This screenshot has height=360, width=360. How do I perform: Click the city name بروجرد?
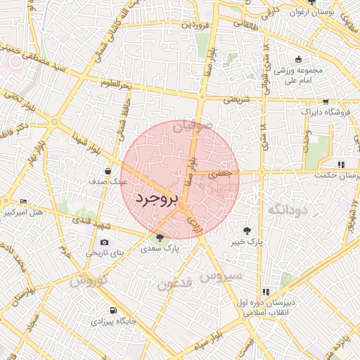(x=160, y=198)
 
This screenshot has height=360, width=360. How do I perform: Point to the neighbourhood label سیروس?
(x=221, y=275)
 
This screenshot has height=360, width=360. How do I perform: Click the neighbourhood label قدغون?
(x=174, y=284)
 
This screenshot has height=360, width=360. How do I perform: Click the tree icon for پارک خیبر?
(x=247, y=230)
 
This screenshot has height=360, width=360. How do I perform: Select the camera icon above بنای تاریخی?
(x=105, y=242)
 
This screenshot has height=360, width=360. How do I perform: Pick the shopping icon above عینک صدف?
(x=108, y=170)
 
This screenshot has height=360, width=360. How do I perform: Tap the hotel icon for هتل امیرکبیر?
(x=24, y=202)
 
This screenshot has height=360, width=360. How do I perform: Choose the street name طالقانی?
(x=241, y=23)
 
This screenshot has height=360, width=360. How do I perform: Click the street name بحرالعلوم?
(x=116, y=86)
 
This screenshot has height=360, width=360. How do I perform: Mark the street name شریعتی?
(x=237, y=99)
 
